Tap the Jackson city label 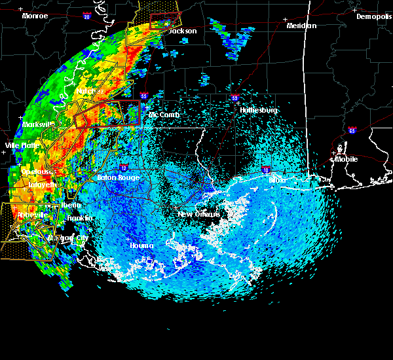[183, 31]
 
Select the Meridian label [301, 26]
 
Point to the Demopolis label [373, 16]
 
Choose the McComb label [164, 115]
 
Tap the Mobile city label [348, 158]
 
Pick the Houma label [141, 245]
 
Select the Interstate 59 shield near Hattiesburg [234, 98]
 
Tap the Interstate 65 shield [352, 130]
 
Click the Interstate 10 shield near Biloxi [265, 170]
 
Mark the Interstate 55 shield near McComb [143, 95]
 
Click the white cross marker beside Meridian [286, 26]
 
